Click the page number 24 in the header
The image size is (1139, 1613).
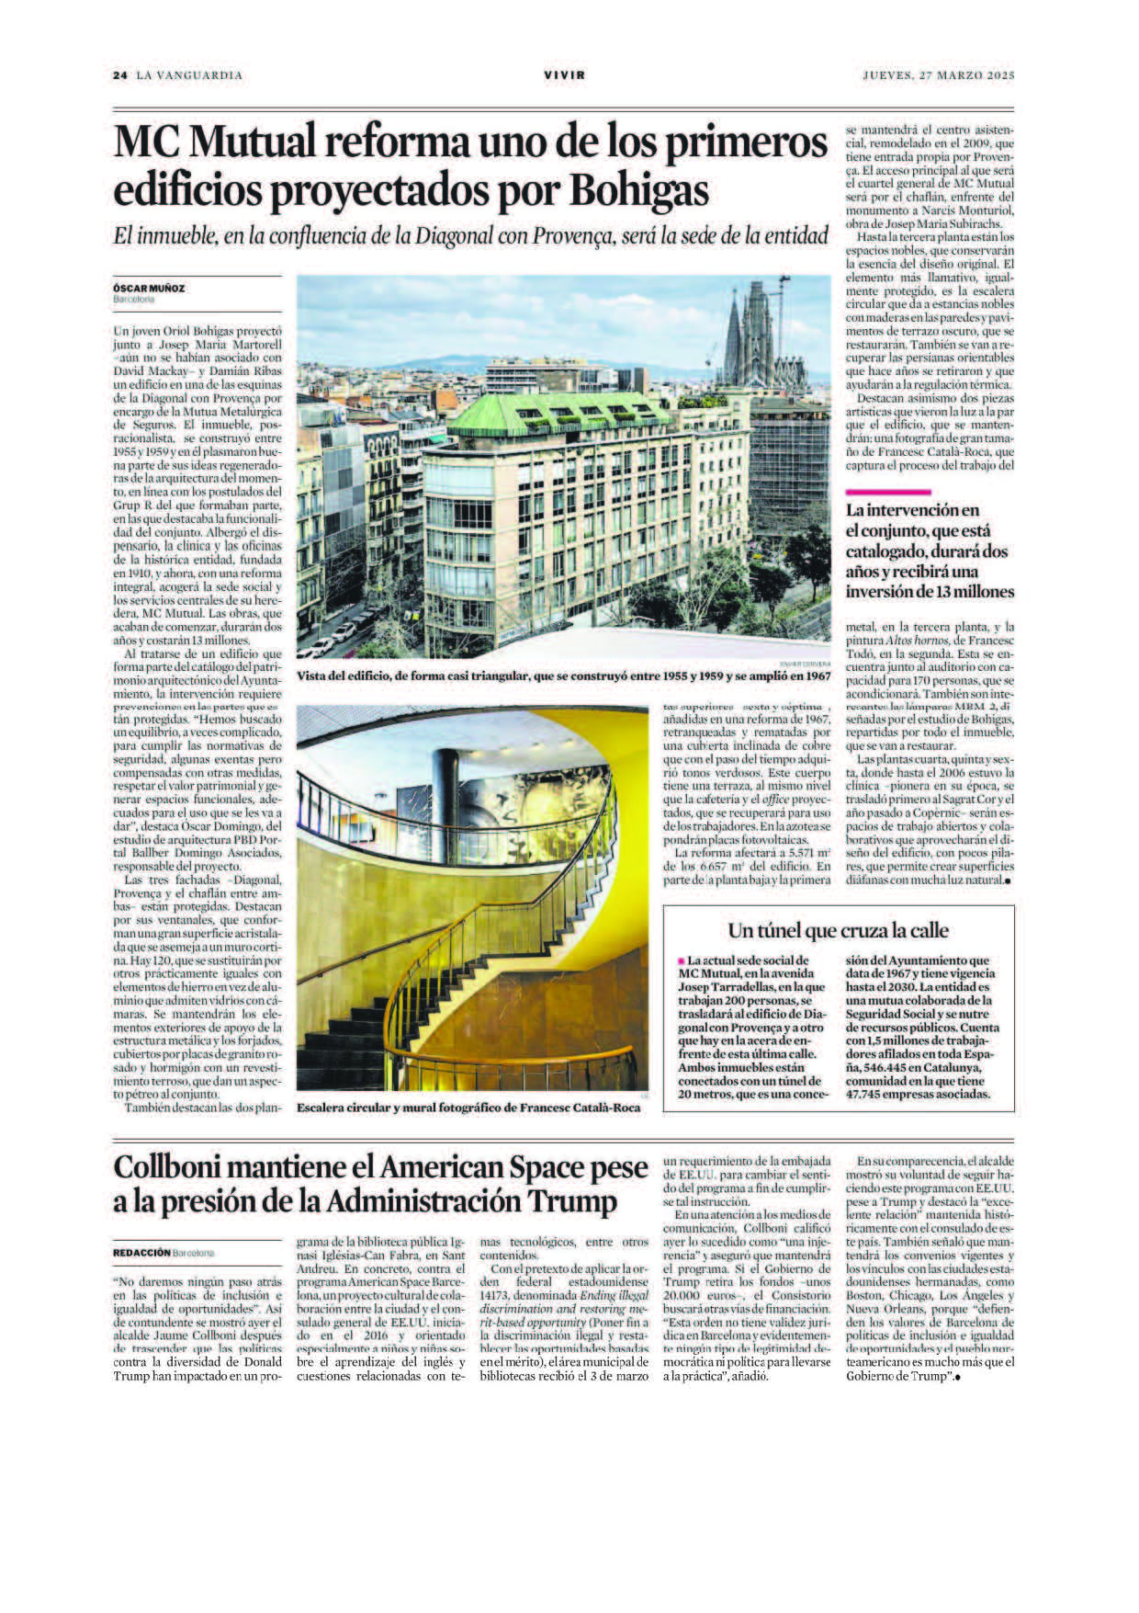pyautogui.click(x=119, y=75)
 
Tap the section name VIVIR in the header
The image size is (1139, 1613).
pyautogui.click(x=564, y=75)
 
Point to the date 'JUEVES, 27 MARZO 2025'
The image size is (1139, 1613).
pyautogui.click(x=938, y=75)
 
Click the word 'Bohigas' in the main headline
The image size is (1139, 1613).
pyautogui.click(x=639, y=191)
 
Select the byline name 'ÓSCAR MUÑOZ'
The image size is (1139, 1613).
pyautogui.click(x=149, y=288)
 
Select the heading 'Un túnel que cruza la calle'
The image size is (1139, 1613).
pyautogui.click(x=838, y=929)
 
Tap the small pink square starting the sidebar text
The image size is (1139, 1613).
pyautogui.click(x=681, y=959)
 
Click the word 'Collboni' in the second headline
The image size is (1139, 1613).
pyautogui.click(x=171, y=1168)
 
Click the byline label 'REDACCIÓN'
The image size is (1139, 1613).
pyautogui.click(x=141, y=1252)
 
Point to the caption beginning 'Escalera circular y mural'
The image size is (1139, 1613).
pyautogui.click(x=468, y=1108)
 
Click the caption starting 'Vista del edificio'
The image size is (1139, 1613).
pyautogui.click(x=563, y=676)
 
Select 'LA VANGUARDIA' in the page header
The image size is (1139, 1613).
pyautogui.click(x=189, y=75)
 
